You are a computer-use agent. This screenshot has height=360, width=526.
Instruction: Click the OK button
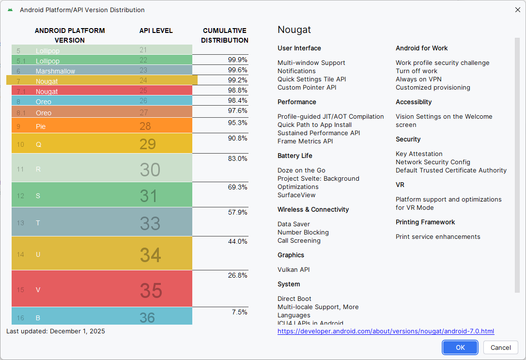click(x=460, y=347)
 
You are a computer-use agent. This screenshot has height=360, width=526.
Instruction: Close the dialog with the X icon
click(x=517, y=10)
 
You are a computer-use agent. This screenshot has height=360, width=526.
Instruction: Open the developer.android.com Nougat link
click(x=386, y=331)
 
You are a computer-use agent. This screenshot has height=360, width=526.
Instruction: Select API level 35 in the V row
click(x=151, y=290)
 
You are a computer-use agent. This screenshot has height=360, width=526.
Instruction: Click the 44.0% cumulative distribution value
click(x=238, y=241)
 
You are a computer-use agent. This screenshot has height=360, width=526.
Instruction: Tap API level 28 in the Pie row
click(x=145, y=126)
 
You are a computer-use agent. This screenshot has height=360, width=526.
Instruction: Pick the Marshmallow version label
click(x=55, y=71)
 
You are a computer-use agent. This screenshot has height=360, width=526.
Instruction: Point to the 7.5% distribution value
click(x=239, y=312)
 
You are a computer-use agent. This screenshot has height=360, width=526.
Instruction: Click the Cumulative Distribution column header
click(x=225, y=35)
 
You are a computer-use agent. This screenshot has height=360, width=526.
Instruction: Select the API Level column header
click(x=156, y=31)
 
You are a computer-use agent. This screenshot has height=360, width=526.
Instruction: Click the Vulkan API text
click(x=294, y=269)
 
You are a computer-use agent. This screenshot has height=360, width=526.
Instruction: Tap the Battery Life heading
click(x=294, y=156)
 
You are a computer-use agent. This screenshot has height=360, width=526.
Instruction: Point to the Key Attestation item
click(x=419, y=154)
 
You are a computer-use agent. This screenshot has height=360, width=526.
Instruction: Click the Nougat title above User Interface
click(x=294, y=30)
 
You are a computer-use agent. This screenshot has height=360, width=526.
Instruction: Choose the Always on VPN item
click(x=418, y=79)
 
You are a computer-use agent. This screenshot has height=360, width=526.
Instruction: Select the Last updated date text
click(x=56, y=331)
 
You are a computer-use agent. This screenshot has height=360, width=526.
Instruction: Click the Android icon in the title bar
click(x=10, y=10)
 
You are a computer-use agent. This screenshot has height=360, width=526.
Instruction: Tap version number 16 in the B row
click(x=20, y=318)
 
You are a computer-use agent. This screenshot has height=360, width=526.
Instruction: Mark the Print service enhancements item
click(x=438, y=237)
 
